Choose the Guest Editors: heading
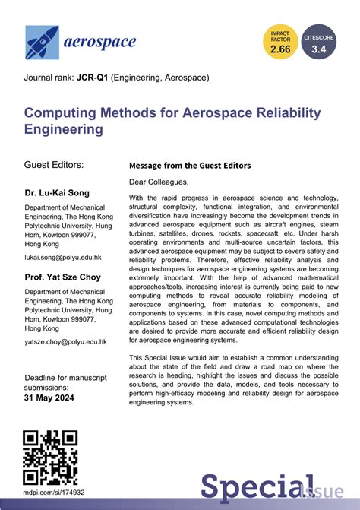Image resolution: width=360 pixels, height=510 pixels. click(55, 165)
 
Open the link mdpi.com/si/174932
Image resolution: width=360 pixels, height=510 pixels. click(55, 493)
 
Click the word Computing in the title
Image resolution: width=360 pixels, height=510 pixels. click(63, 112)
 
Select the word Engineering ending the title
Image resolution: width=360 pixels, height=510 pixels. click(65, 130)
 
